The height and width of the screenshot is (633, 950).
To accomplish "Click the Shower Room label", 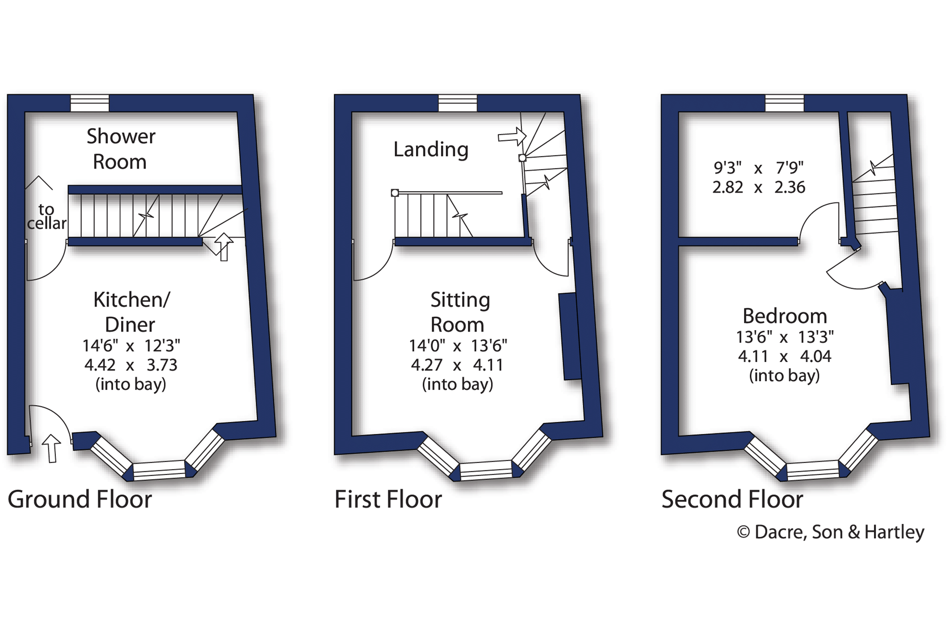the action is tap(121, 149).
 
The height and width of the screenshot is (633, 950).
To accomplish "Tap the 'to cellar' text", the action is tap(46, 216).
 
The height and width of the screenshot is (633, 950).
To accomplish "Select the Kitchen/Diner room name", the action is tap(131, 312).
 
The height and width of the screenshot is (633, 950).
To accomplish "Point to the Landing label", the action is tap(431, 149).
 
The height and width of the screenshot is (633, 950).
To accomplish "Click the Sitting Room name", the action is tap(459, 312).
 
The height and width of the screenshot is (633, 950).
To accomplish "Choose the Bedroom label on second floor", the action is tap(785, 316).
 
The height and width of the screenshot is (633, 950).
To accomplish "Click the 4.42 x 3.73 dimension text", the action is tap(131, 365).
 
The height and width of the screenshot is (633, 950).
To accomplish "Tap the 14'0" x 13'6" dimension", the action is tap(458, 345).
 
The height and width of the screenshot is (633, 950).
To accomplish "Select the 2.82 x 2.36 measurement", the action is tap(759, 187).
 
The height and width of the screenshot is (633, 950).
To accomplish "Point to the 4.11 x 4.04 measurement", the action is tap(785, 356).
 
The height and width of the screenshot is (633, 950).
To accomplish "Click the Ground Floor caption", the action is tap(80, 499).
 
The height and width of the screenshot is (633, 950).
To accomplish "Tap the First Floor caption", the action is tap(388, 499).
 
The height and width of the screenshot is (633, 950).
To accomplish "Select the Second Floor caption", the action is tap(732, 499).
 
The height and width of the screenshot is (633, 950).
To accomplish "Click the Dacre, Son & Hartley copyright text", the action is tap(831, 532).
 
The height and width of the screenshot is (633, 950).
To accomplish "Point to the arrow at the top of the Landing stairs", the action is tap(512, 136).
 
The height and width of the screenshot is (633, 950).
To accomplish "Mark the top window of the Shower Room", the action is tap(90, 103).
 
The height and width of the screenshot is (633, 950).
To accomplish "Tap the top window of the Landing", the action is tap(458, 103).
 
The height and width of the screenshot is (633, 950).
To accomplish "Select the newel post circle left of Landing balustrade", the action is tap(395, 193).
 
